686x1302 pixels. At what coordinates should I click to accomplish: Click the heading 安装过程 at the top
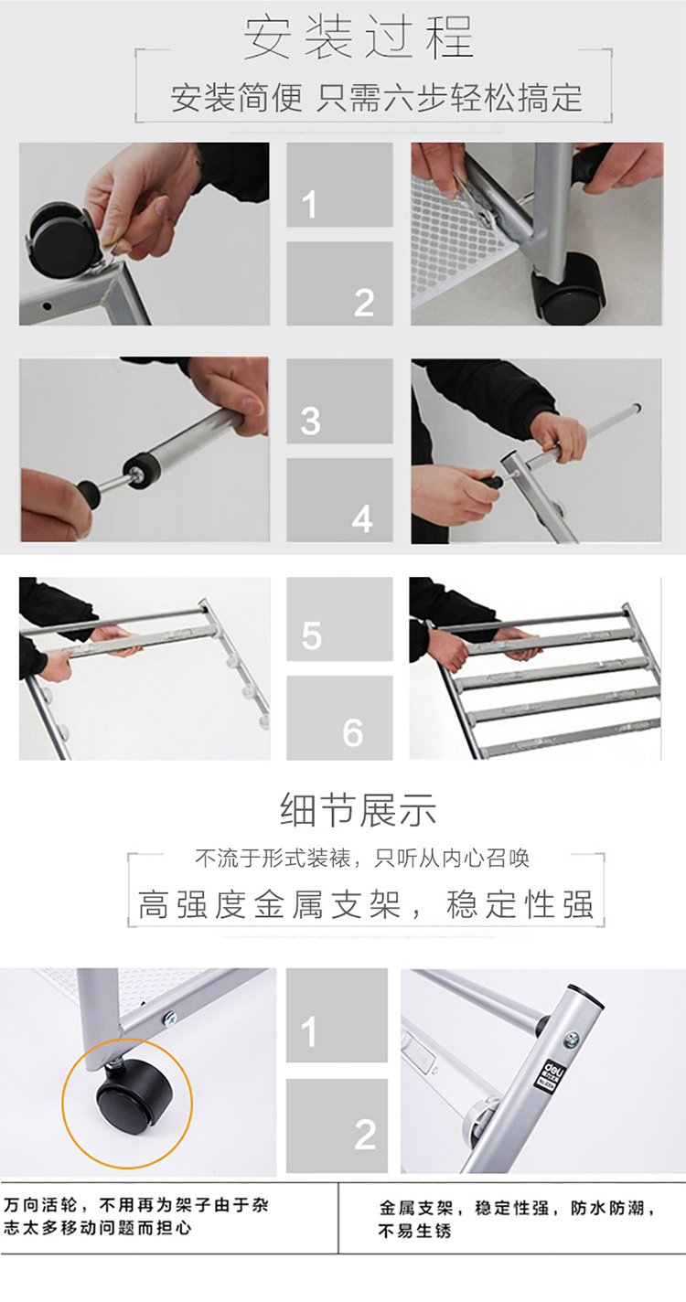point(358,37)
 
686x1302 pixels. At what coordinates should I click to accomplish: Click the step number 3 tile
point(339,401)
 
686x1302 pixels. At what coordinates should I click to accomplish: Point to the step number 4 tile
point(339,500)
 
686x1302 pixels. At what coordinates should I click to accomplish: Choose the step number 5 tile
point(339,618)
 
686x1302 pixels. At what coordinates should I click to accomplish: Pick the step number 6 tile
point(339,717)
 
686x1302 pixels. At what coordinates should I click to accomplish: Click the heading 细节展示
point(359,810)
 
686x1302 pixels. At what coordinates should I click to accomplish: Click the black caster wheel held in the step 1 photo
point(57,239)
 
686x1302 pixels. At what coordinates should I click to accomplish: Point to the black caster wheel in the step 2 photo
point(569,288)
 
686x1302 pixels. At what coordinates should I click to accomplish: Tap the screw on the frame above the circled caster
point(170,1017)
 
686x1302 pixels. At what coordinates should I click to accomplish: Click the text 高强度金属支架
point(269,904)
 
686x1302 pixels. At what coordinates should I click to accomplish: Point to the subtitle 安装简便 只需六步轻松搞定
point(376,97)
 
